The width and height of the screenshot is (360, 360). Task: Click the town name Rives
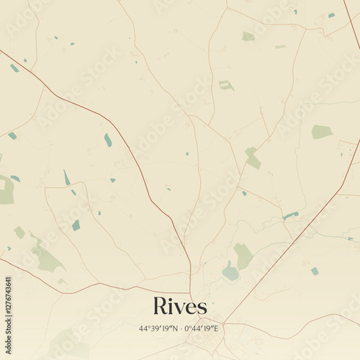click(180, 307)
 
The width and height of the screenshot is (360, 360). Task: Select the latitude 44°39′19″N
click(161, 328)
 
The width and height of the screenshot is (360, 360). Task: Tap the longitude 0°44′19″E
click(202, 328)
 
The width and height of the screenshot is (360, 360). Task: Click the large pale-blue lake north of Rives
click(230, 272)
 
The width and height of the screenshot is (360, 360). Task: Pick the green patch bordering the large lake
click(243, 255)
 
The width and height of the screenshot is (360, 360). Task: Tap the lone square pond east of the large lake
click(315, 271)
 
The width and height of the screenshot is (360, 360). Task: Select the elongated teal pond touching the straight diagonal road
click(290, 215)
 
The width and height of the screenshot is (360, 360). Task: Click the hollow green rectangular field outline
click(226, 85)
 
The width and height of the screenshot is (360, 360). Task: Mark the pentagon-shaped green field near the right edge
click(321, 132)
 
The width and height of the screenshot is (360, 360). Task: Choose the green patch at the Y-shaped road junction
click(252, 157)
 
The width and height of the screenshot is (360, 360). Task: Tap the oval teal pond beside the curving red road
click(108, 140)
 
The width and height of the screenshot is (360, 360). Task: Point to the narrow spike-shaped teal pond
click(66, 177)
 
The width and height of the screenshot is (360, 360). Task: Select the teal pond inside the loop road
click(76, 225)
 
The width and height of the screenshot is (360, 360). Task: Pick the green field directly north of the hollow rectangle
click(248, 36)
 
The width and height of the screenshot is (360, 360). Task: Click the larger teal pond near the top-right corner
click(331, 15)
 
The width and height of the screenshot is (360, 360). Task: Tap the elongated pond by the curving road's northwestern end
click(14, 68)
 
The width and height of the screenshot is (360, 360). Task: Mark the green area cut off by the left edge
click(6, 189)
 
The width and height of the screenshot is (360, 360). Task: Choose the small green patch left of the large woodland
click(19, 232)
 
